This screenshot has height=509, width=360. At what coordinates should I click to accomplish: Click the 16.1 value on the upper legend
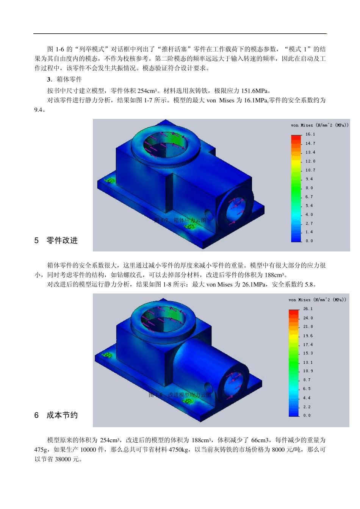[310, 134]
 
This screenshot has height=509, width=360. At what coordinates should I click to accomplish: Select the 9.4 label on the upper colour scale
[309, 179]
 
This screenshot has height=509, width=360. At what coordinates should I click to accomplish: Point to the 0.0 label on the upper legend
[309, 241]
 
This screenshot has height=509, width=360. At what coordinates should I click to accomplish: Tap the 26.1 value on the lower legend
[308, 309]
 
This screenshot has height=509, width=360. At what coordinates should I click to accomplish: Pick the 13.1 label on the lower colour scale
[308, 362]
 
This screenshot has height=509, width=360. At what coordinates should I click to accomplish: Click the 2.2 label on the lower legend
[307, 407]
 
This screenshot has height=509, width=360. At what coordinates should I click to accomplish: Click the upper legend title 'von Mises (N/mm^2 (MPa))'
[319, 125]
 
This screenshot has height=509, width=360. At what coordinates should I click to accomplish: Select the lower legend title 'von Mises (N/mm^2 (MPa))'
[317, 300]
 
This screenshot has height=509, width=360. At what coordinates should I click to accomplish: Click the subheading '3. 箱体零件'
[64, 80]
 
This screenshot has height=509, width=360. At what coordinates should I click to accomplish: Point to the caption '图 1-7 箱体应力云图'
[180, 220]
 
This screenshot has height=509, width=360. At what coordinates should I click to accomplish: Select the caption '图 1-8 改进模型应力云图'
[180, 395]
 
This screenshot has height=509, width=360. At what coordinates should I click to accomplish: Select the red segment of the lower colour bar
[294, 313]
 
